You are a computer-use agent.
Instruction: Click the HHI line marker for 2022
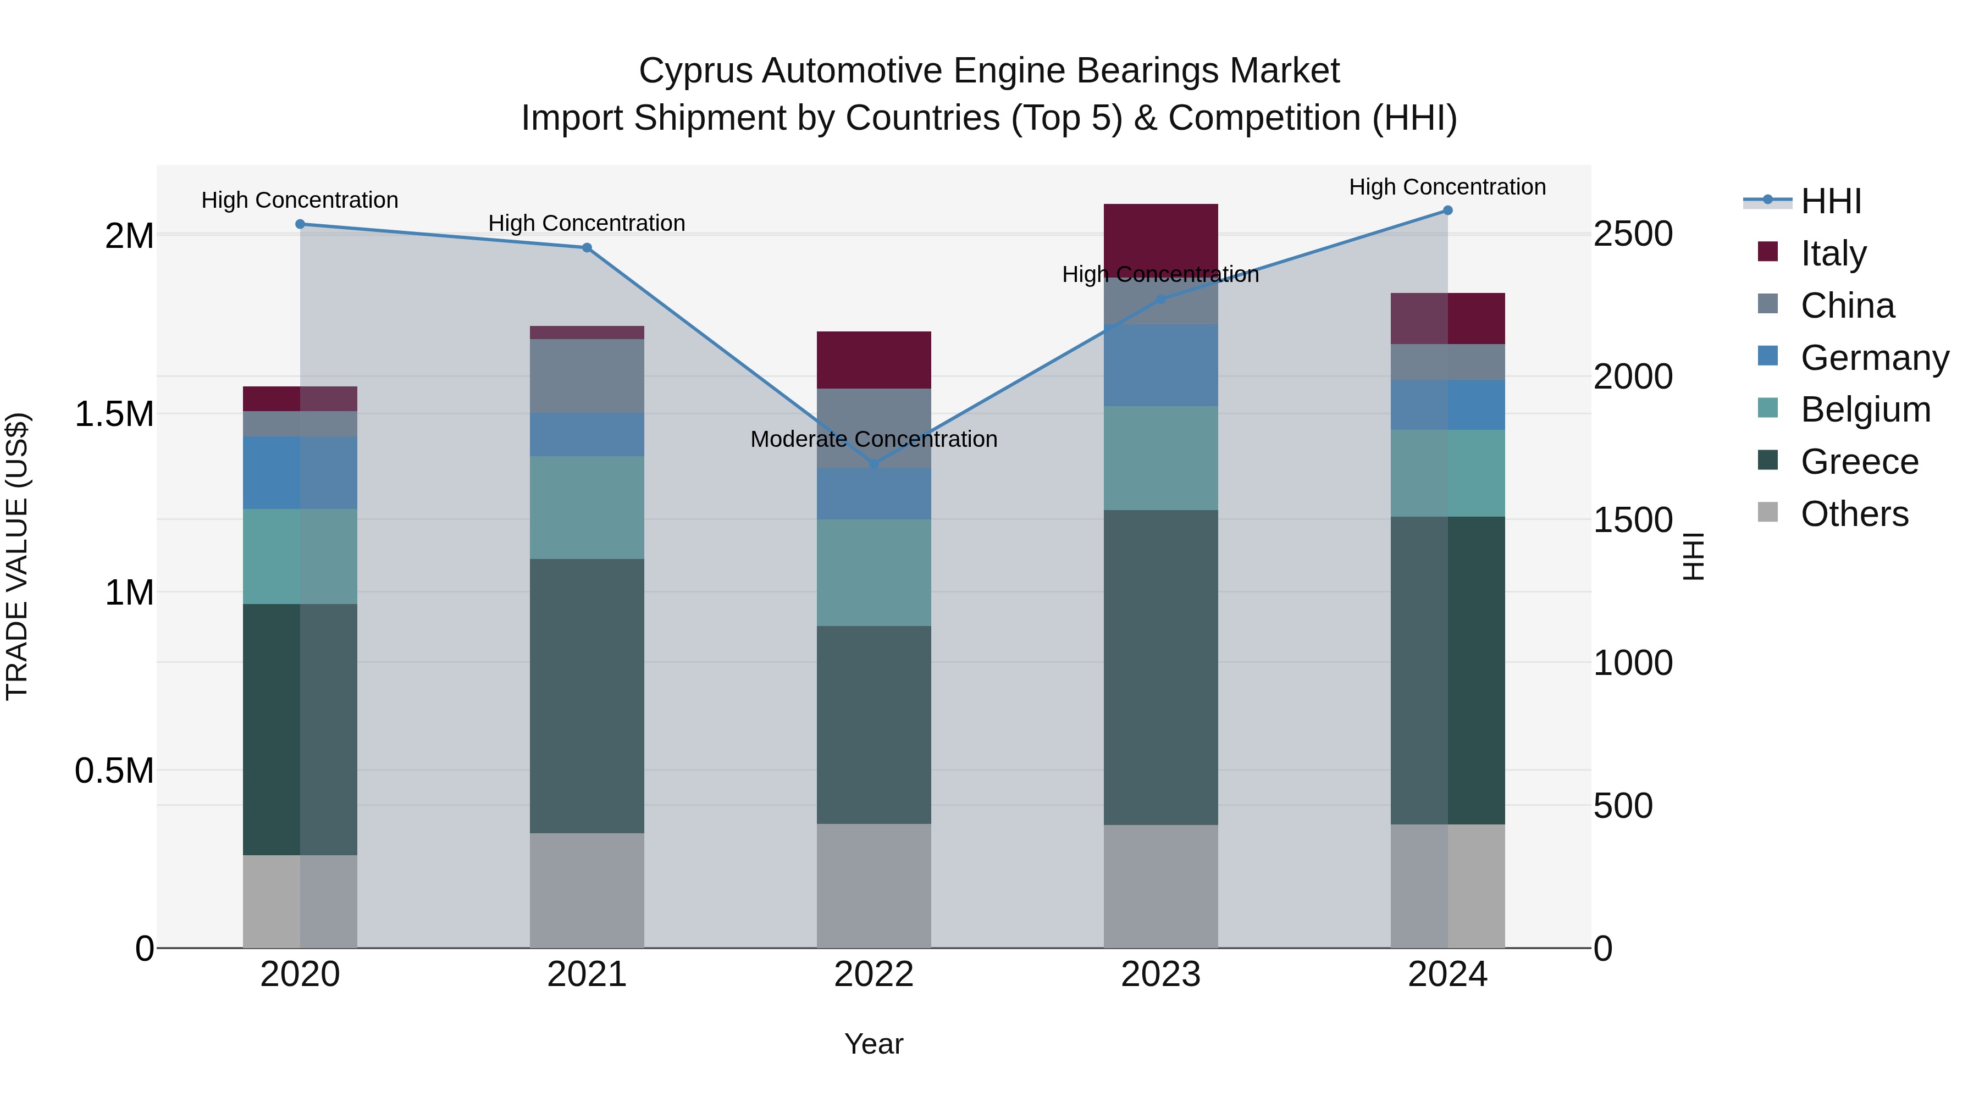tap(874, 464)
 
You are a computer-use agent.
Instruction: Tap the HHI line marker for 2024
tap(1447, 211)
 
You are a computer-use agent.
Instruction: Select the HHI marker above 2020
tap(300, 224)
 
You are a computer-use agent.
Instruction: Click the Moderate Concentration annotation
tap(874, 439)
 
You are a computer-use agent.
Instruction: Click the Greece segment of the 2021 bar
tap(587, 695)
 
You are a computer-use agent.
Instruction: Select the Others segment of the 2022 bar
tap(874, 885)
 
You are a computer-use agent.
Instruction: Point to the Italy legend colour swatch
tap(1768, 252)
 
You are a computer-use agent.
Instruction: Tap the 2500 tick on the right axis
tap(1633, 234)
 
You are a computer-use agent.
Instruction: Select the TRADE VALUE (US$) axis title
tap(17, 556)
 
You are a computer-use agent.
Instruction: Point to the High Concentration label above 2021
tap(587, 224)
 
